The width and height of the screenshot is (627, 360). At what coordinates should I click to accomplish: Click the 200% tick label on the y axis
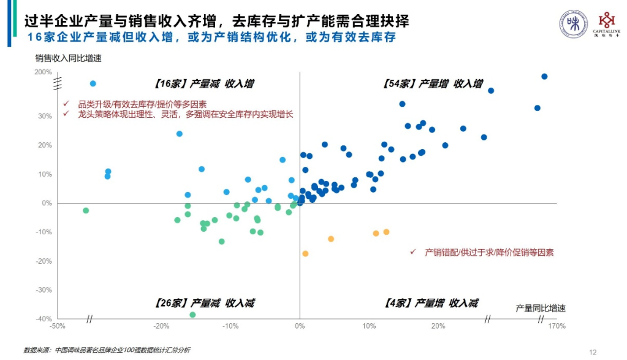pyautogui.click(x=43, y=72)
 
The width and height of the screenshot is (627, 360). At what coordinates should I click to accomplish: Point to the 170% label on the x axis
pyautogui.click(x=557, y=326)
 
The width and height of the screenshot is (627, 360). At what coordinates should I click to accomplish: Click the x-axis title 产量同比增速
pyautogui.click(x=540, y=308)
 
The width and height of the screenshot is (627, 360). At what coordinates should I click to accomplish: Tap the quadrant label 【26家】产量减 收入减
pyautogui.click(x=204, y=303)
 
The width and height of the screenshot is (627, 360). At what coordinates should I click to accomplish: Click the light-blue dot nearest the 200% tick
pyautogui.click(x=93, y=83)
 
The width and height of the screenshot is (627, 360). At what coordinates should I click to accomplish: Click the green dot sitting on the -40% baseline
pyautogui.click(x=192, y=315)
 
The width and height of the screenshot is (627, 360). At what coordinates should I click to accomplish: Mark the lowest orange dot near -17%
pyautogui.click(x=305, y=253)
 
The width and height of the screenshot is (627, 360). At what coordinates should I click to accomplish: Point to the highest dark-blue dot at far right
pyautogui.click(x=544, y=77)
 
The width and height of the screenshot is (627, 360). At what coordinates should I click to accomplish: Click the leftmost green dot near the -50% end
pyautogui.click(x=86, y=210)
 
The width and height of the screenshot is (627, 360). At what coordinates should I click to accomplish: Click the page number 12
pyautogui.click(x=592, y=352)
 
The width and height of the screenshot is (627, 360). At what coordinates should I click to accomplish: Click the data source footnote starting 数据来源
pyautogui.click(x=107, y=350)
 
